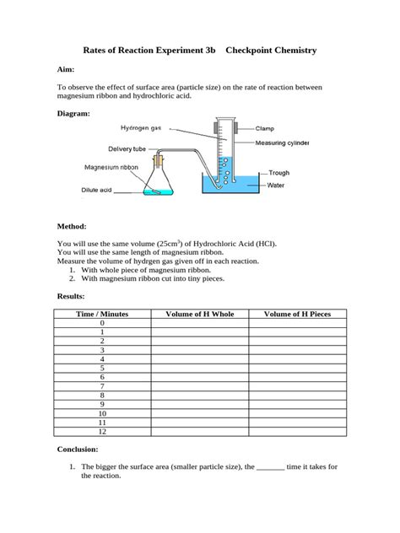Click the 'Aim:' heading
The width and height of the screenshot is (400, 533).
coord(66,71)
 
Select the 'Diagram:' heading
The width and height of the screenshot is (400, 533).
coord(73,112)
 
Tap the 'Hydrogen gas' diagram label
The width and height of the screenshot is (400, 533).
coord(139,129)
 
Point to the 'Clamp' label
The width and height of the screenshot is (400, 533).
coord(264,128)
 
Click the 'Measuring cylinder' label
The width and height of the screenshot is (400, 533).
coord(283,143)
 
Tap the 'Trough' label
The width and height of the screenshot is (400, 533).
coord(278,173)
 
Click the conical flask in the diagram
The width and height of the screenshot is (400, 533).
coord(156,184)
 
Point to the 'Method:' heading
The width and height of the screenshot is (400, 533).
coord(72,226)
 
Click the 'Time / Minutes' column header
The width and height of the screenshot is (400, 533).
coord(102,314)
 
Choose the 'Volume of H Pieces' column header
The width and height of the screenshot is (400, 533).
coord(297,314)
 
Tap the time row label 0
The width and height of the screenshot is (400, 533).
coord(102,323)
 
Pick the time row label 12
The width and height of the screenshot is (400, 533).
coord(102,432)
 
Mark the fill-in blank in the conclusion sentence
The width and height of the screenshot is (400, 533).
coord(270,466)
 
